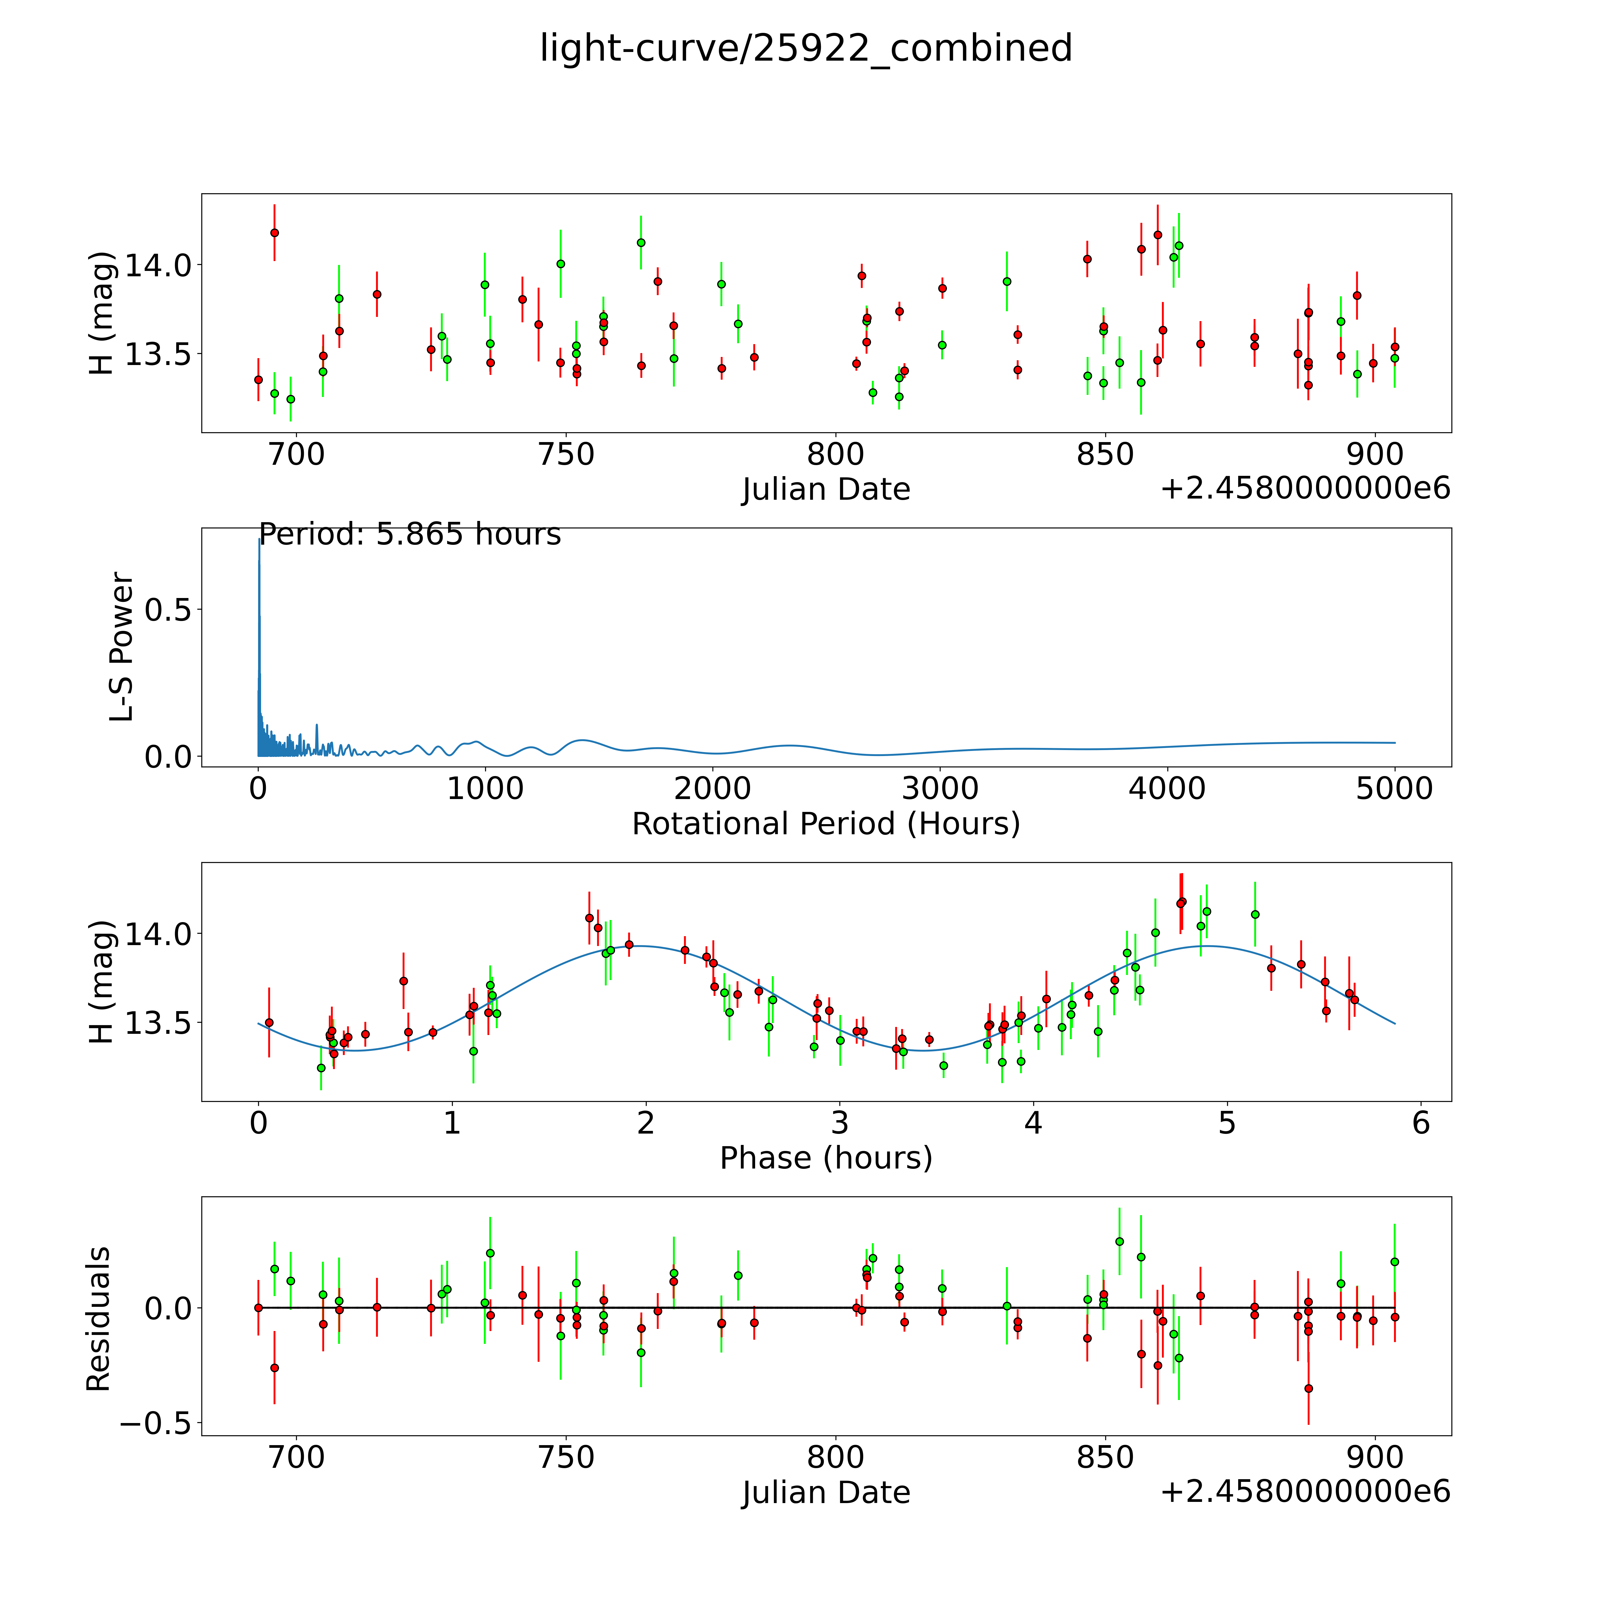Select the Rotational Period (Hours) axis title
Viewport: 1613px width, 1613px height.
tap(826, 824)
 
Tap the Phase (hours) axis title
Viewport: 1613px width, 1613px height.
tap(826, 1158)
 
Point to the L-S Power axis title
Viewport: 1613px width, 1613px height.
tap(122, 647)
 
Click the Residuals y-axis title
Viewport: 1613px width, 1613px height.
tap(99, 1319)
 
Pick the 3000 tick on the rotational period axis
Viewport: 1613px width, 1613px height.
tap(940, 789)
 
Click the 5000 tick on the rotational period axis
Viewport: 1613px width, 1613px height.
tap(1394, 789)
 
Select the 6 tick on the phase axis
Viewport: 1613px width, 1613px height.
tap(1421, 1123)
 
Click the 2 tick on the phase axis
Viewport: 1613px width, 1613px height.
tap(645, 1123)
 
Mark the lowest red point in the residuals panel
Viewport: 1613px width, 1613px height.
tap(1308, 1388)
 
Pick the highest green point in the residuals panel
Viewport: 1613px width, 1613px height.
tap(1120, 1241)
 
